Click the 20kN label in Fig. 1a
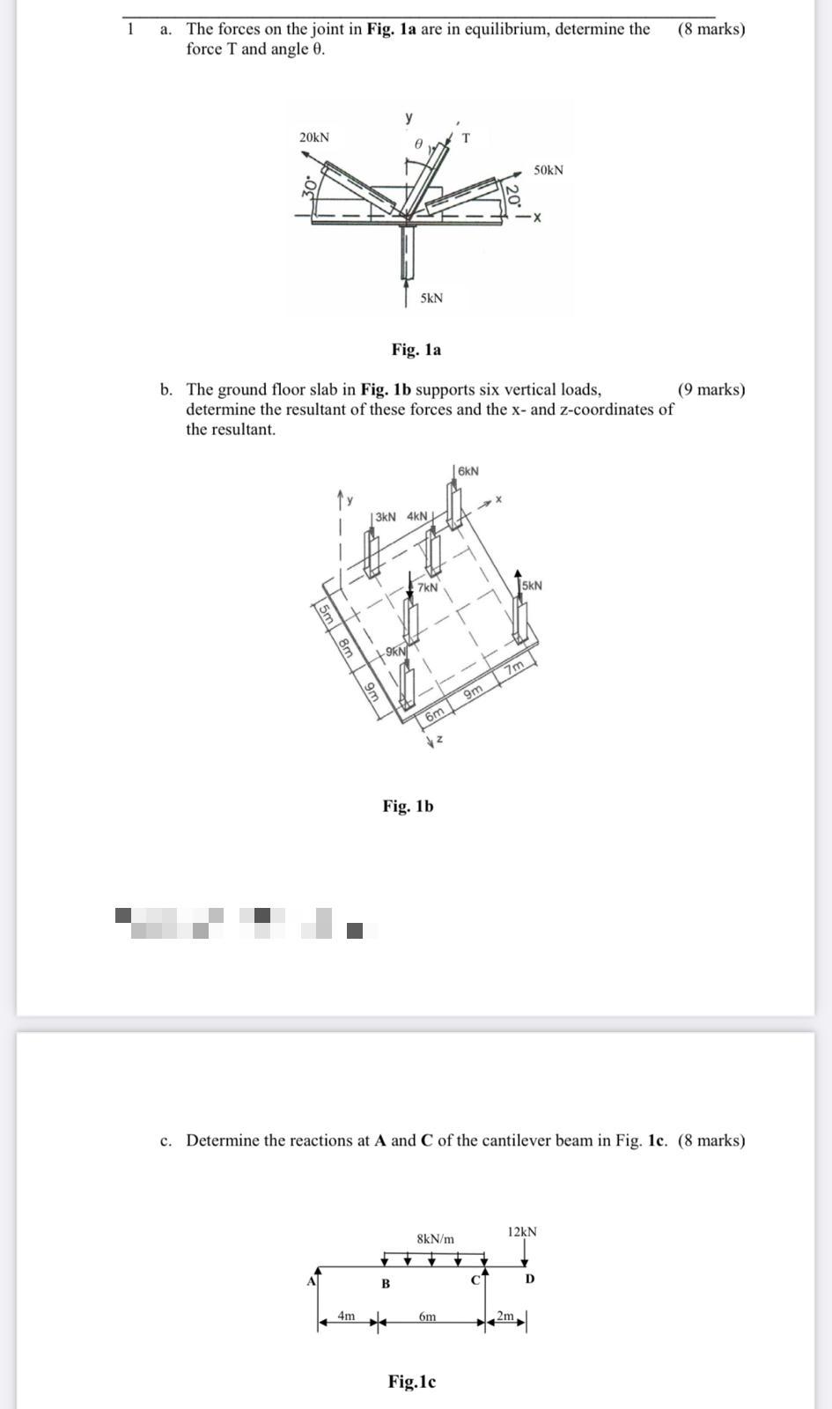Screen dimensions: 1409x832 tap(314, 137)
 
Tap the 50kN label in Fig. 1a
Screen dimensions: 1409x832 tap(549, 170)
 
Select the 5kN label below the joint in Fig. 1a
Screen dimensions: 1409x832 tap(431, 299)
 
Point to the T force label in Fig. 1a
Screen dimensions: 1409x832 tap(466, 137)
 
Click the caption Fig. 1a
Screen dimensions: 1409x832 tap(416, 350)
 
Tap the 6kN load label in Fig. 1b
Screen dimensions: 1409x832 tap(468, 471)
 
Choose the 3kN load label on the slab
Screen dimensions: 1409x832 tap(386, 516)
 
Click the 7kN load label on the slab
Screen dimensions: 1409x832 tap(427, 587)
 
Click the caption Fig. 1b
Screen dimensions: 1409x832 tap(408, 806)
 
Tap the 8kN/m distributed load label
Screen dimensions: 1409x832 tap(436, 1239)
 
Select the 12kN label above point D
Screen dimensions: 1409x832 tap(522, 1231)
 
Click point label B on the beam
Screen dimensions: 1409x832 tap(385, 1284)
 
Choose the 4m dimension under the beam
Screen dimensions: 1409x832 tap(347, 1317)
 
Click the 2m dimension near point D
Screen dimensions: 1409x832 tap(504, 1317)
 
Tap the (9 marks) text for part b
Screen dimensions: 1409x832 tap(711, 389)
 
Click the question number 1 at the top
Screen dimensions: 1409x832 tap(131, 28)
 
